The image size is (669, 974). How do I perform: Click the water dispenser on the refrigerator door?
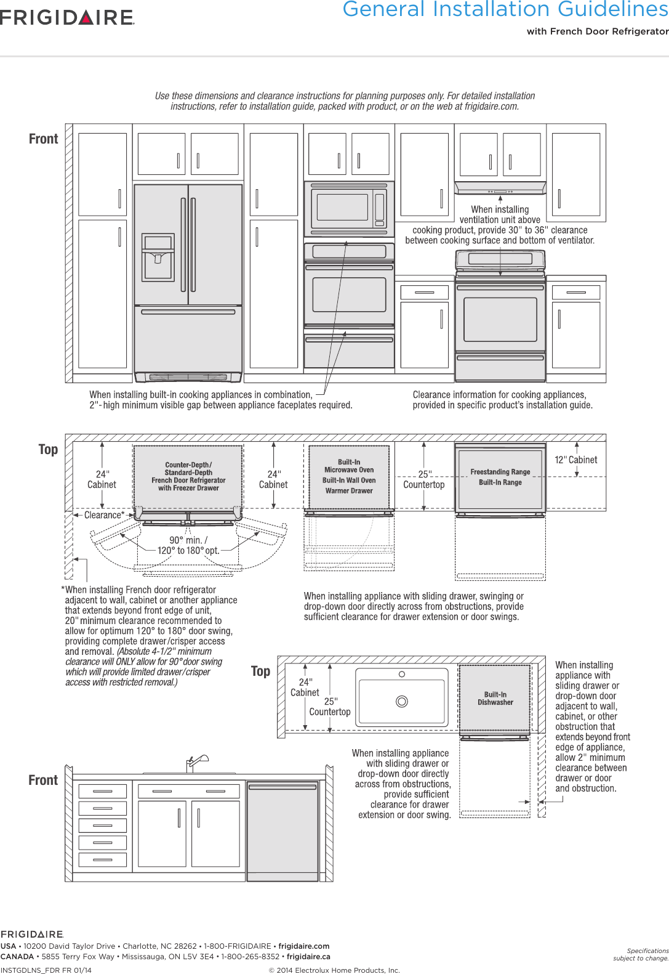point(158,257)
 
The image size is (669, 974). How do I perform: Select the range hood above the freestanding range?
point(500,187)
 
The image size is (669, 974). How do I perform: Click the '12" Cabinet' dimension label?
point(575,460)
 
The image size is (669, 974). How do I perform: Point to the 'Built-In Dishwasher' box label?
point(495,698)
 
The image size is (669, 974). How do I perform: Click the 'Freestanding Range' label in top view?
point(500,472)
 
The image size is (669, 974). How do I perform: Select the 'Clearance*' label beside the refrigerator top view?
point(103,515)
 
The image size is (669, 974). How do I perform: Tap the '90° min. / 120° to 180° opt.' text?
point(188,545)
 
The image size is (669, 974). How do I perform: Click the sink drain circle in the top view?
point(402,701)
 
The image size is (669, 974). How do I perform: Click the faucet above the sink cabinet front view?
point(196,763)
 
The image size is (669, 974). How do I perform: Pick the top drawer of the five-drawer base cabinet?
point(103,790)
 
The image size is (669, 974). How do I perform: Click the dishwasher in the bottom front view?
point(282,832)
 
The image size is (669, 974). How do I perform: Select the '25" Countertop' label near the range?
point(423,479)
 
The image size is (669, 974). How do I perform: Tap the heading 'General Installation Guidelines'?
point(505,9)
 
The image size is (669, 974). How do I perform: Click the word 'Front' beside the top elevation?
point(43,139)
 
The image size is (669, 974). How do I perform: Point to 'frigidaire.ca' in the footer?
point(308,957)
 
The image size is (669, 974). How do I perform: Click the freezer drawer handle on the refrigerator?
point(188,312)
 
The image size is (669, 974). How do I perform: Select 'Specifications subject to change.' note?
point(641,954)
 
